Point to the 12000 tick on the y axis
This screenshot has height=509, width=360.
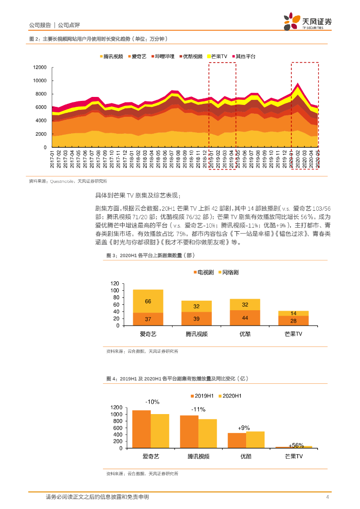pyautogui.click(x=39, y=67)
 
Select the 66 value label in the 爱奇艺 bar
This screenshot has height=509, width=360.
pyautogui.click(x=148, y=302)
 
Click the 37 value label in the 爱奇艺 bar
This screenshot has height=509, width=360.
pyautogui.click(x=148, y=319)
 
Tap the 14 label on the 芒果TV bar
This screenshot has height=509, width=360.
pyautogui.click(x=293, y=313)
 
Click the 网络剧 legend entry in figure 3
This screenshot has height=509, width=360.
pyautogui.click(x=227, y=272)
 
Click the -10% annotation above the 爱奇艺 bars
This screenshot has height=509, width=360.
pyautogui.click(x=152, y=402)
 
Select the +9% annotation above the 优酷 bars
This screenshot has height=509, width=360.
pyautogui.click(x=244, y=428)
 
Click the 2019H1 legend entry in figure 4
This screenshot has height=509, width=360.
pyautogui.click(x=201, y=396)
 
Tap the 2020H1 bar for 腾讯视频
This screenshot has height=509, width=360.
pyautogui.click(x=207, y=433)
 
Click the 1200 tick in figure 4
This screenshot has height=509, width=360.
pyautogui.click(x=116, y=407)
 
